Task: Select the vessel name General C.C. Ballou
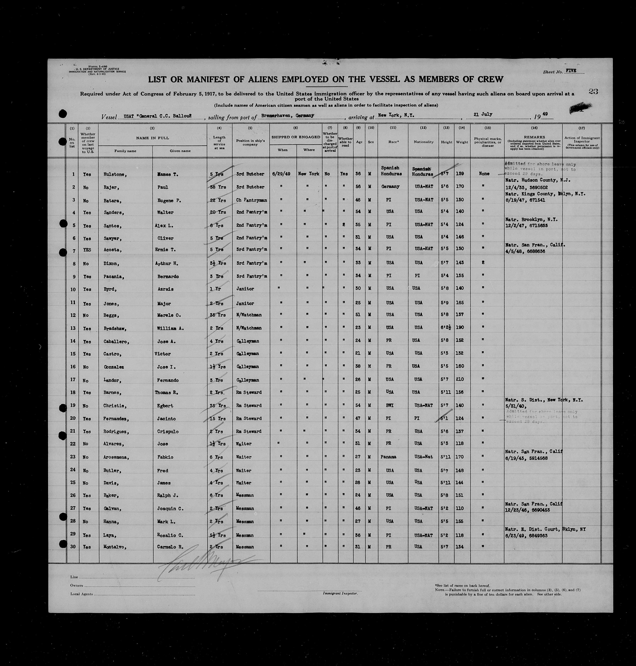pos(163,116)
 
